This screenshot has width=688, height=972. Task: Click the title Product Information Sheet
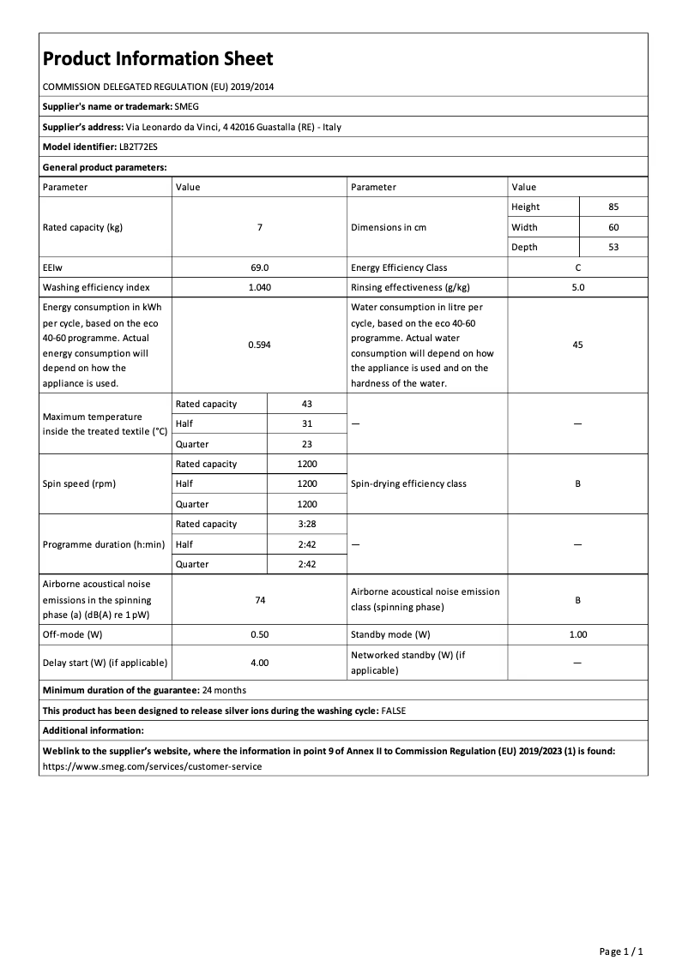tap(158, 58)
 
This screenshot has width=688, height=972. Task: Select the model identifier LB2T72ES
tap(138, 147)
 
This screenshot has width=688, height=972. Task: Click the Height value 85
tap(613, 207)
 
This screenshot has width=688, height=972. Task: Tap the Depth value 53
tap(613, 247)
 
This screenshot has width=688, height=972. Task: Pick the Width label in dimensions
tap(524, 227)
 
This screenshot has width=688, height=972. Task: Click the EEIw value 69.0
tap(259, 267)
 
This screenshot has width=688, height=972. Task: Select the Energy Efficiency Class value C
tap(577, 267)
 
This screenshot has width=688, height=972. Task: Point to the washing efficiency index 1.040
tap(259, 287)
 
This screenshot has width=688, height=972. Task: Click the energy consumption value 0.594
tap(259, 344)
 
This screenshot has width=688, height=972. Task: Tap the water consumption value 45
tap(577, 344)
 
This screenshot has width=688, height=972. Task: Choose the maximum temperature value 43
tap(306, 404)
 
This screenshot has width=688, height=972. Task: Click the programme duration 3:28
tap(306, 524)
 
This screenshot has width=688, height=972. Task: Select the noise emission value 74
tap(259, 600)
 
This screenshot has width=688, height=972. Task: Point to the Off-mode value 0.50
tap(259, 635)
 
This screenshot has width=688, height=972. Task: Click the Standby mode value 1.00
tap(577, 635)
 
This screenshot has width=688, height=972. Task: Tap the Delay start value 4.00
tap(259, 663)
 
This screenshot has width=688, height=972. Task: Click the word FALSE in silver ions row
tap(394, 711)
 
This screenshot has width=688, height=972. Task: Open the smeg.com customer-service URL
tap(152, 765)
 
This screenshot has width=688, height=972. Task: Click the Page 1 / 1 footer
tap(620, 951)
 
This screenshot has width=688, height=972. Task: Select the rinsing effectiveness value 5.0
tap(577, 287)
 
